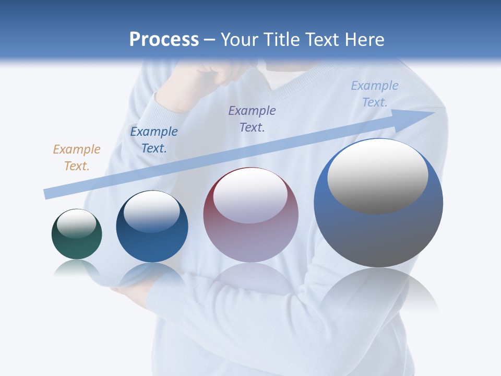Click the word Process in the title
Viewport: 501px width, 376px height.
(164, 40)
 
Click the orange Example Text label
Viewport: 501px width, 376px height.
(77, 158)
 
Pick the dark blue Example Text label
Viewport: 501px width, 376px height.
(154, 140)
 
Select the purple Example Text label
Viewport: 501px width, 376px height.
(252, 119)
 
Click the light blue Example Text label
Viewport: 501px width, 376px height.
(375, 94)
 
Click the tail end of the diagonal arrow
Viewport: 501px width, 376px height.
(47, 194)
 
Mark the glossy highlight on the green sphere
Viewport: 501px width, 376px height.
(77, 224)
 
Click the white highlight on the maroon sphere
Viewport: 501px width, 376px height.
(250, 196)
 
